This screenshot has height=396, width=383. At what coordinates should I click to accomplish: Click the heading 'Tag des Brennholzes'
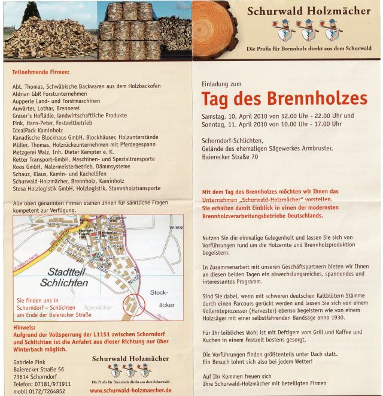[x=284, y=98]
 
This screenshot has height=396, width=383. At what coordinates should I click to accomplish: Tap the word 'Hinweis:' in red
[x=24, y=328]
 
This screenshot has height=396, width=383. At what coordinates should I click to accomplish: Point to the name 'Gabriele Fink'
[x=32, y=362]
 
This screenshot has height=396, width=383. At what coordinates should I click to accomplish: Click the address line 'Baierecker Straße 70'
[x=230, y=157]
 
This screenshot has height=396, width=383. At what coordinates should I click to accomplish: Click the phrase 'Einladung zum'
[x=221, y=84]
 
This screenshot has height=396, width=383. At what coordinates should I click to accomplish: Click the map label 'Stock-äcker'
[x=159, y=300]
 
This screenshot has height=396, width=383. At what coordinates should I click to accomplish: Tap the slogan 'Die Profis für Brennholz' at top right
[x=309, y=48]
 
